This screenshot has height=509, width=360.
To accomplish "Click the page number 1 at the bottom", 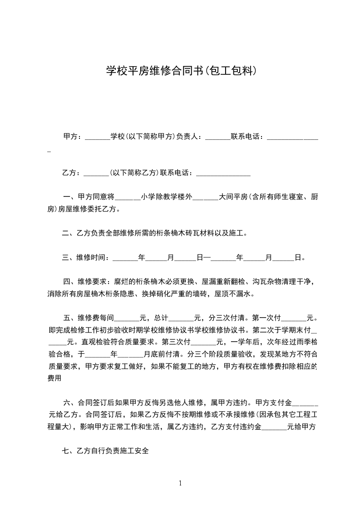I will click(x=180, y=483).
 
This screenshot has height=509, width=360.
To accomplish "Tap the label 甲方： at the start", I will click(x=73, y=136).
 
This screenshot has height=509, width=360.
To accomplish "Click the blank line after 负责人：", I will click(x=218, y=137).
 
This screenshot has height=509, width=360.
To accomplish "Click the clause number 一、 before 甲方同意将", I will click(x=70, y=197).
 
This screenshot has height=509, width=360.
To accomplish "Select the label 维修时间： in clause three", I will click(x=94, y=258).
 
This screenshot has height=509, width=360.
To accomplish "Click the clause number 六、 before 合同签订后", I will click(x=70, y=402).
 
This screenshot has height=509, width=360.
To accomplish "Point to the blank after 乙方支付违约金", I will click(x=274, y=427).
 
